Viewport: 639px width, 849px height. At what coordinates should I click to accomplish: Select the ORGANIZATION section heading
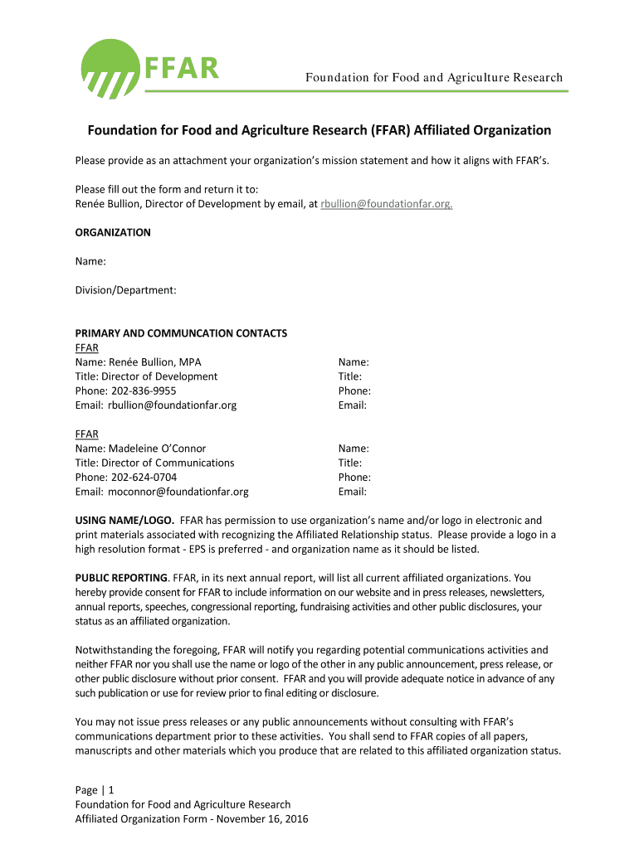click(x=113, y=232)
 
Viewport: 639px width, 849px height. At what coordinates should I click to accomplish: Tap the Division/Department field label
click(x=125, y=290)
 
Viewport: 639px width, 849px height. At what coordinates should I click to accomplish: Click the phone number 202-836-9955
click(x=140, y=391)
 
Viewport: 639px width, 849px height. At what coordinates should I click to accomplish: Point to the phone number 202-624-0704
click(x=140, y=477)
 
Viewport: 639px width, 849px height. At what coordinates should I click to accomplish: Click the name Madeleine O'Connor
click(x=158, y=449)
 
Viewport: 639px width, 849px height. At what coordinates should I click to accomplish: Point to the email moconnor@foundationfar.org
click(x=178, y=492)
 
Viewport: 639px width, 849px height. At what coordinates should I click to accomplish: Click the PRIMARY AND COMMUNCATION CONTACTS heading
click(x=181, y=333)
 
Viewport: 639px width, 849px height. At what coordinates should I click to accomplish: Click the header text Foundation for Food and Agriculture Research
click(x=433, y=78)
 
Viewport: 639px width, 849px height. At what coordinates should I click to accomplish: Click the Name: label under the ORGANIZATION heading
click(x=90, y=261)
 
